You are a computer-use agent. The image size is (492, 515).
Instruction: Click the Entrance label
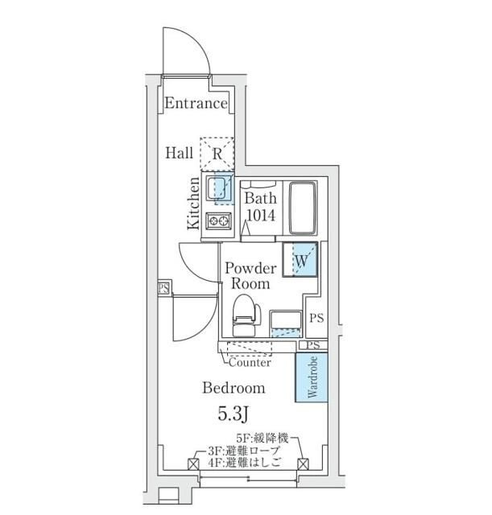[x=196, y=103]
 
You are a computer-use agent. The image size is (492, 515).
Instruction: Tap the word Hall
[x=179, y=153]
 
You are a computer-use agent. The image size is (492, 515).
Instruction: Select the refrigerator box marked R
[x=217, y=154]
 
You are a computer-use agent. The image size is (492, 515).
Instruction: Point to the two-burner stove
[x=218, y=220]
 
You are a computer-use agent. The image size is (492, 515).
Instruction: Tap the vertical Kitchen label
[x=193, y=203]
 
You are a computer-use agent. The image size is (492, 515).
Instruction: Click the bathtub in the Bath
[x=303, y=208]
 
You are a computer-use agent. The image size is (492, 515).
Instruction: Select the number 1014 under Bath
[x=261, y=215]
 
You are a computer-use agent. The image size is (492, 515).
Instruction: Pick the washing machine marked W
[x=300, y=260]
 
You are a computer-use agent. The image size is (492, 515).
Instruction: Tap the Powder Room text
[x=250, y=276]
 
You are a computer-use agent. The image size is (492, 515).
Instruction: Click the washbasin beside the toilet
[x=286, y=323]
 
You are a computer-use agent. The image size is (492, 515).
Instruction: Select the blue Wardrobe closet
[x=312, y=377]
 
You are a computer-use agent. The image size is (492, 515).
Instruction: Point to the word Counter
[x=250, y=363]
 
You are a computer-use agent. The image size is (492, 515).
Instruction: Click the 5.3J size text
[x=234, y=414]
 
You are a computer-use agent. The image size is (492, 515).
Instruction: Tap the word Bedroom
[x=234, y=388]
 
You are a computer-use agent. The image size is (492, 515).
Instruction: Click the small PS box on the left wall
[x=163, y=288]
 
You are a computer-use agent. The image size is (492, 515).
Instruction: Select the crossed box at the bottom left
[x=193, y=464]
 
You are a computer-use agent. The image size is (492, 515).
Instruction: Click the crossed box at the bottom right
[x=303, y=464]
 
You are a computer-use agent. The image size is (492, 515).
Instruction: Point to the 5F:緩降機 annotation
[x=263, y=438]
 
